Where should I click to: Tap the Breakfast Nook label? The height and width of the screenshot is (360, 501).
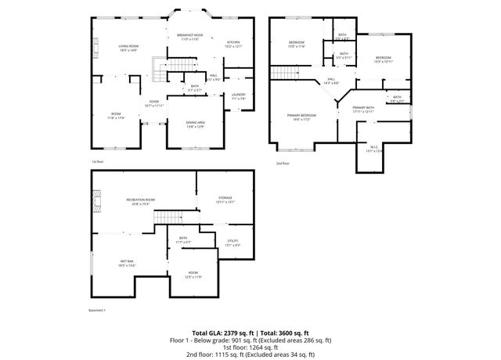point(190,36)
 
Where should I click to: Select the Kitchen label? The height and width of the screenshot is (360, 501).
point(233,43)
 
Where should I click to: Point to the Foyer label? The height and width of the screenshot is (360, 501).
point(154,103)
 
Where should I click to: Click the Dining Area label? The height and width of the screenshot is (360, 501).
point(196,124)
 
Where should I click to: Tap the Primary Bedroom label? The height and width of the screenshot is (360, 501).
point(301,117)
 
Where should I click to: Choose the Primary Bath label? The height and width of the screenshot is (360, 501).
point(363,109)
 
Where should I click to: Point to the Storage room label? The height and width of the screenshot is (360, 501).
point(225,200)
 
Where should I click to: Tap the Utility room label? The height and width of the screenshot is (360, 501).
point(232,243)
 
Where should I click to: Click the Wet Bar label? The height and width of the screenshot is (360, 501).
point(127,262)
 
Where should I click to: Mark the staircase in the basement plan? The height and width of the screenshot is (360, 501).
point(167,216)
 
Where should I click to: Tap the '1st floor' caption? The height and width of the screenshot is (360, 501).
point(98,161)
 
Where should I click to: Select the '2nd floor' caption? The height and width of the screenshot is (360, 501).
point(283,164)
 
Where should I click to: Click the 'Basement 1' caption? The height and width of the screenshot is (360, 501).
point(98,310)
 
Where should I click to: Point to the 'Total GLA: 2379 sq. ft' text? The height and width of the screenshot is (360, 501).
point(222,333)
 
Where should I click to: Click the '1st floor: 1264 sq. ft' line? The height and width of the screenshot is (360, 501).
point(250,347)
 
